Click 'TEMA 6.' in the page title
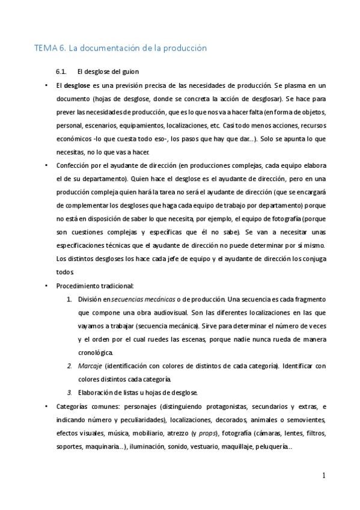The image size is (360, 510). click(x=47, y=48)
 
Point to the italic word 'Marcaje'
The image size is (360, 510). click(x=90, y=366)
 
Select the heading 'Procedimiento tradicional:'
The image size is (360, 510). click(x=95, y=286)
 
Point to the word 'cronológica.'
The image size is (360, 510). click(x=95, y=352)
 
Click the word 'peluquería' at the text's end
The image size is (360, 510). click(x=273, y=446)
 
